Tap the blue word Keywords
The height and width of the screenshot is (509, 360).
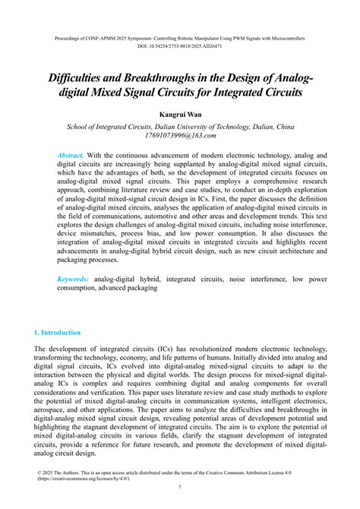(74, 279)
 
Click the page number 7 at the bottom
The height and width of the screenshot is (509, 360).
(180, 487)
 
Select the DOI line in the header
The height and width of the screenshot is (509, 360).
(180, 46)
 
